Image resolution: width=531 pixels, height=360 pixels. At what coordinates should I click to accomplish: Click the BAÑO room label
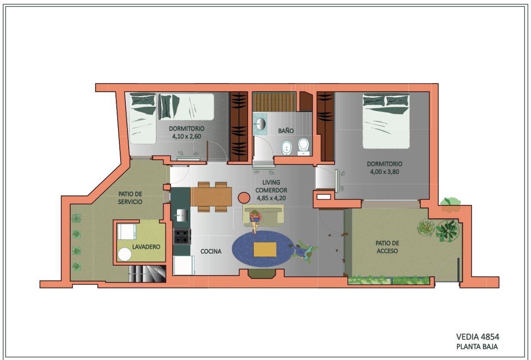(286, 131)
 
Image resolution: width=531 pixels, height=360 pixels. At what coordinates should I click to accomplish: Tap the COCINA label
(211, 251)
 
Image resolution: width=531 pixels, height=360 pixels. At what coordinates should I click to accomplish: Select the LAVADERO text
(146, 247)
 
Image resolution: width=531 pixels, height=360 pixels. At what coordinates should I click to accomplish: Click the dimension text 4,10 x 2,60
(186, 137)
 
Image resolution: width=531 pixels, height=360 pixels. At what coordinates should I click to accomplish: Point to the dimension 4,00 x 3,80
(385, 171)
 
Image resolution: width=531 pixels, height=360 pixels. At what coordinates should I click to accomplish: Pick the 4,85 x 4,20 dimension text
(271, 198)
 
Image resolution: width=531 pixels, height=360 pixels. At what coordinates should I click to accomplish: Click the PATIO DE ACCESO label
(387, 247)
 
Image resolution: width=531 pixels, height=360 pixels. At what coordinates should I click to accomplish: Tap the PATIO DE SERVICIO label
(130, 198)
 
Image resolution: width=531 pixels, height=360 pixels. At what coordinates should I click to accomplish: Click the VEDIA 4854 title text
(478, 337)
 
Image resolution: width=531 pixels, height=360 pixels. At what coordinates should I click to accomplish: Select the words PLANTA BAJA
(477, 347)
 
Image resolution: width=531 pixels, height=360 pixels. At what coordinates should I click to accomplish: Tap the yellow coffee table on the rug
(265, 249)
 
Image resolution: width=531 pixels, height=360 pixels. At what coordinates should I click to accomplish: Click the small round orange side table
(244, 197)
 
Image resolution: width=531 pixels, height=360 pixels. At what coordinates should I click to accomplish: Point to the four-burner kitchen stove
(182, 236)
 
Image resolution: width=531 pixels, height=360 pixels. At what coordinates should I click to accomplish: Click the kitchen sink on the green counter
(182, 215)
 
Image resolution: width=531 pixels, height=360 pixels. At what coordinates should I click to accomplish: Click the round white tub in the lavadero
(125, 254)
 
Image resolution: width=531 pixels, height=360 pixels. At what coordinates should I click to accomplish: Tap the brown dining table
(211, 197)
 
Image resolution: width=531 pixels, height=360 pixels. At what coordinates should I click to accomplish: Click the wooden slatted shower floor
(274, 102)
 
